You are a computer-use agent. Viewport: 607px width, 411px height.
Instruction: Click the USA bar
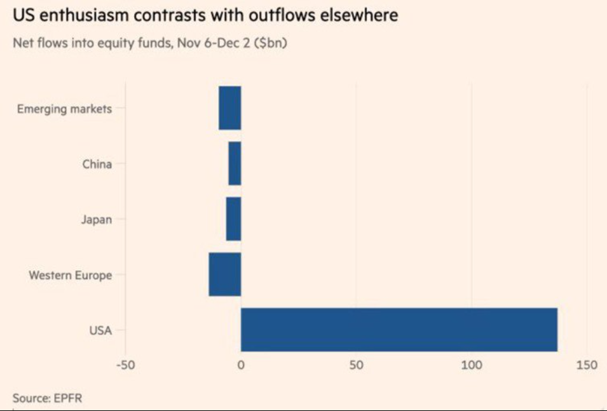point(399,330)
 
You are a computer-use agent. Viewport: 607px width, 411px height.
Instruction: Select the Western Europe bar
point(225,274)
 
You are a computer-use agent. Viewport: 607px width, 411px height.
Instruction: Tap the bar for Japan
point(233,219)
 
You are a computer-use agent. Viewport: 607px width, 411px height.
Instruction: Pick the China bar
point(235,164)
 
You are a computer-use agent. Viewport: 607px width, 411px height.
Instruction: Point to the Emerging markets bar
point(229,108)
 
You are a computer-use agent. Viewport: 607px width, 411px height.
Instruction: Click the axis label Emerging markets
point(64,109)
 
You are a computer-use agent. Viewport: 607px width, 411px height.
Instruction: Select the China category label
point(97,165)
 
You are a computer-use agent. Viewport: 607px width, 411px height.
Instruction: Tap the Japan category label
point(97,220)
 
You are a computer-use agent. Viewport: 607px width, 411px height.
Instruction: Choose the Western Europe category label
point(70,275)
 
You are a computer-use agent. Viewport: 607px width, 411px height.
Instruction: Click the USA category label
point(100,330)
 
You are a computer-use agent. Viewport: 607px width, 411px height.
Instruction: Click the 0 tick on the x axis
point(241,365)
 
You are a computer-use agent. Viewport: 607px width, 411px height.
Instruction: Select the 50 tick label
point(356,365)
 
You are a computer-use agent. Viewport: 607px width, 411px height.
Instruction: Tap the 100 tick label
point(472,365)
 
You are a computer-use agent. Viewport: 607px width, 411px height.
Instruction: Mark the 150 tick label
point(587,365)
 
